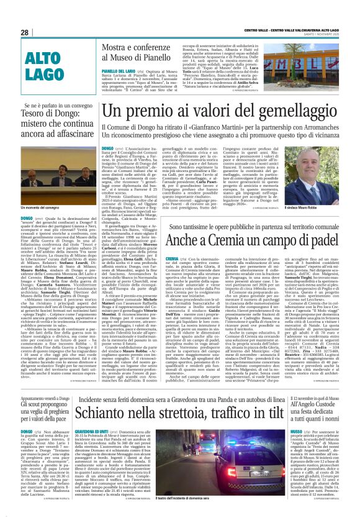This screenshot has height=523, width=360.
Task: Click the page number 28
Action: [x=25, y=32]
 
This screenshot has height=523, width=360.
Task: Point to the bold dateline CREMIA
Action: [x=172, y=258]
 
